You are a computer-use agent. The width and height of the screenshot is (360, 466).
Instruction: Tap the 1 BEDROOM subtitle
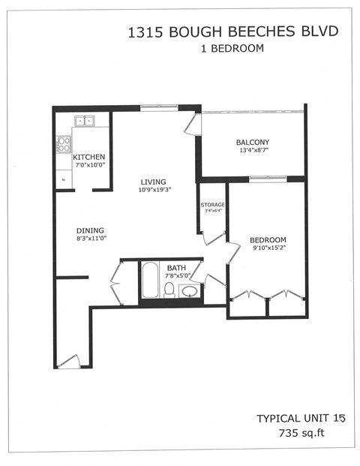click(232, 49)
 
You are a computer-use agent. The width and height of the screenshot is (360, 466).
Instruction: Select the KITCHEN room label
click(88, 157)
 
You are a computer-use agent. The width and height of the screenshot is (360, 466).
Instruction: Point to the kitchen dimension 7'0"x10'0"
click(88, 165)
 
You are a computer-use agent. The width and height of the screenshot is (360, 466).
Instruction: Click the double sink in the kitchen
click(83, 120)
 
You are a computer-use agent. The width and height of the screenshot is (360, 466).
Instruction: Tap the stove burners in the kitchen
click(63, 143)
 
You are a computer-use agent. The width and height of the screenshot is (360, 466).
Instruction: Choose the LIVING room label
click(152, 182)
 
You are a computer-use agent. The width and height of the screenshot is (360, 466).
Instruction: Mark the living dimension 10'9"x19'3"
click(155, 190)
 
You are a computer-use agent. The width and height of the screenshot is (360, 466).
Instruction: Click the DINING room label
click(89, 230)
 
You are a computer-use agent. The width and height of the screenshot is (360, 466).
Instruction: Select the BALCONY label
click(252, 143)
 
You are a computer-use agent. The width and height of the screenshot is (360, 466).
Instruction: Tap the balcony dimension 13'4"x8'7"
click(252, 151)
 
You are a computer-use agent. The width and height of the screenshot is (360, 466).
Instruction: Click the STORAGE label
click(211, 204)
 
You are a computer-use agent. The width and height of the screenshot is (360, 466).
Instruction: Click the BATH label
click(176, 267)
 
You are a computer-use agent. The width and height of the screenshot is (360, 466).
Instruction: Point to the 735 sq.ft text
click(299, 432)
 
